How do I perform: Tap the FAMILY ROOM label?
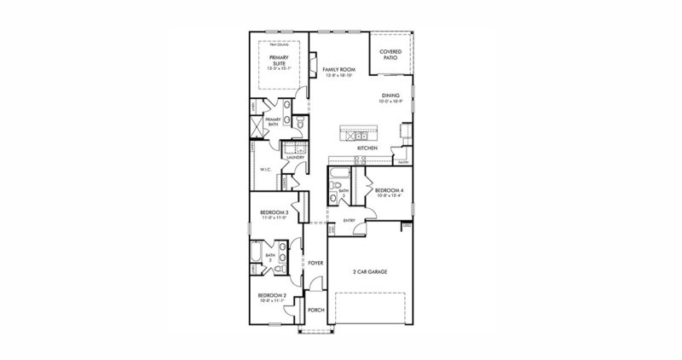[338, 68]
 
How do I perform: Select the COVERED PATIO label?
[390, 55]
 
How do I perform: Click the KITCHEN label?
[367, 148]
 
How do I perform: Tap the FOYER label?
[315, 263]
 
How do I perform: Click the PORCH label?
[315, 311]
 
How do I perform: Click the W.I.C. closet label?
[265, 169]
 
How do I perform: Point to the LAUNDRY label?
[296, 158]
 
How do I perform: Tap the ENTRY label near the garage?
[349, 220]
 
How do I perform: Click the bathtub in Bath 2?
[256, 255]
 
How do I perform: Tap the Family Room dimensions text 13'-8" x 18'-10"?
[338, 76]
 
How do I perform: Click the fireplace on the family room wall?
[313, 64]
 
